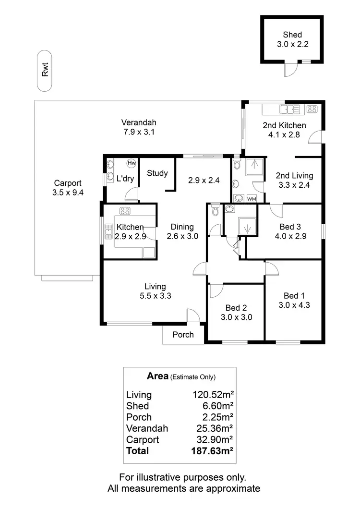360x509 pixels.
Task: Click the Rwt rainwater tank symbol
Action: (x=45, y=70)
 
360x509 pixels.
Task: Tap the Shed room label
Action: (x=292, y=35)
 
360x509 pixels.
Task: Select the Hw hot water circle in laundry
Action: (x=132, y=163)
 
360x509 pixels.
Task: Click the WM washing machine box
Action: (x=252, y=198)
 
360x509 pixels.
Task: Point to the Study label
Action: (x=157, y=173)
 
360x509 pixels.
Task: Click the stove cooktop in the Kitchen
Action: (x=126, y=210)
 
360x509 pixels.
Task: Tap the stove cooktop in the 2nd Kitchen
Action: (x=312, y=109)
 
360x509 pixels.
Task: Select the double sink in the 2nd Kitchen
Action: (x=289, y=109)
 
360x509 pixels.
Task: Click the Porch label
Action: (x=183, y=335)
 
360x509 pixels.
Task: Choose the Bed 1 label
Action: (x=293, y=295)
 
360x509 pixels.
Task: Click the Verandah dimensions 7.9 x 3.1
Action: (x=138, y=132)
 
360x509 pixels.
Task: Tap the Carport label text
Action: (x=68, y=183)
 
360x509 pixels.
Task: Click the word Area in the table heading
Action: (x=157, y=376)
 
